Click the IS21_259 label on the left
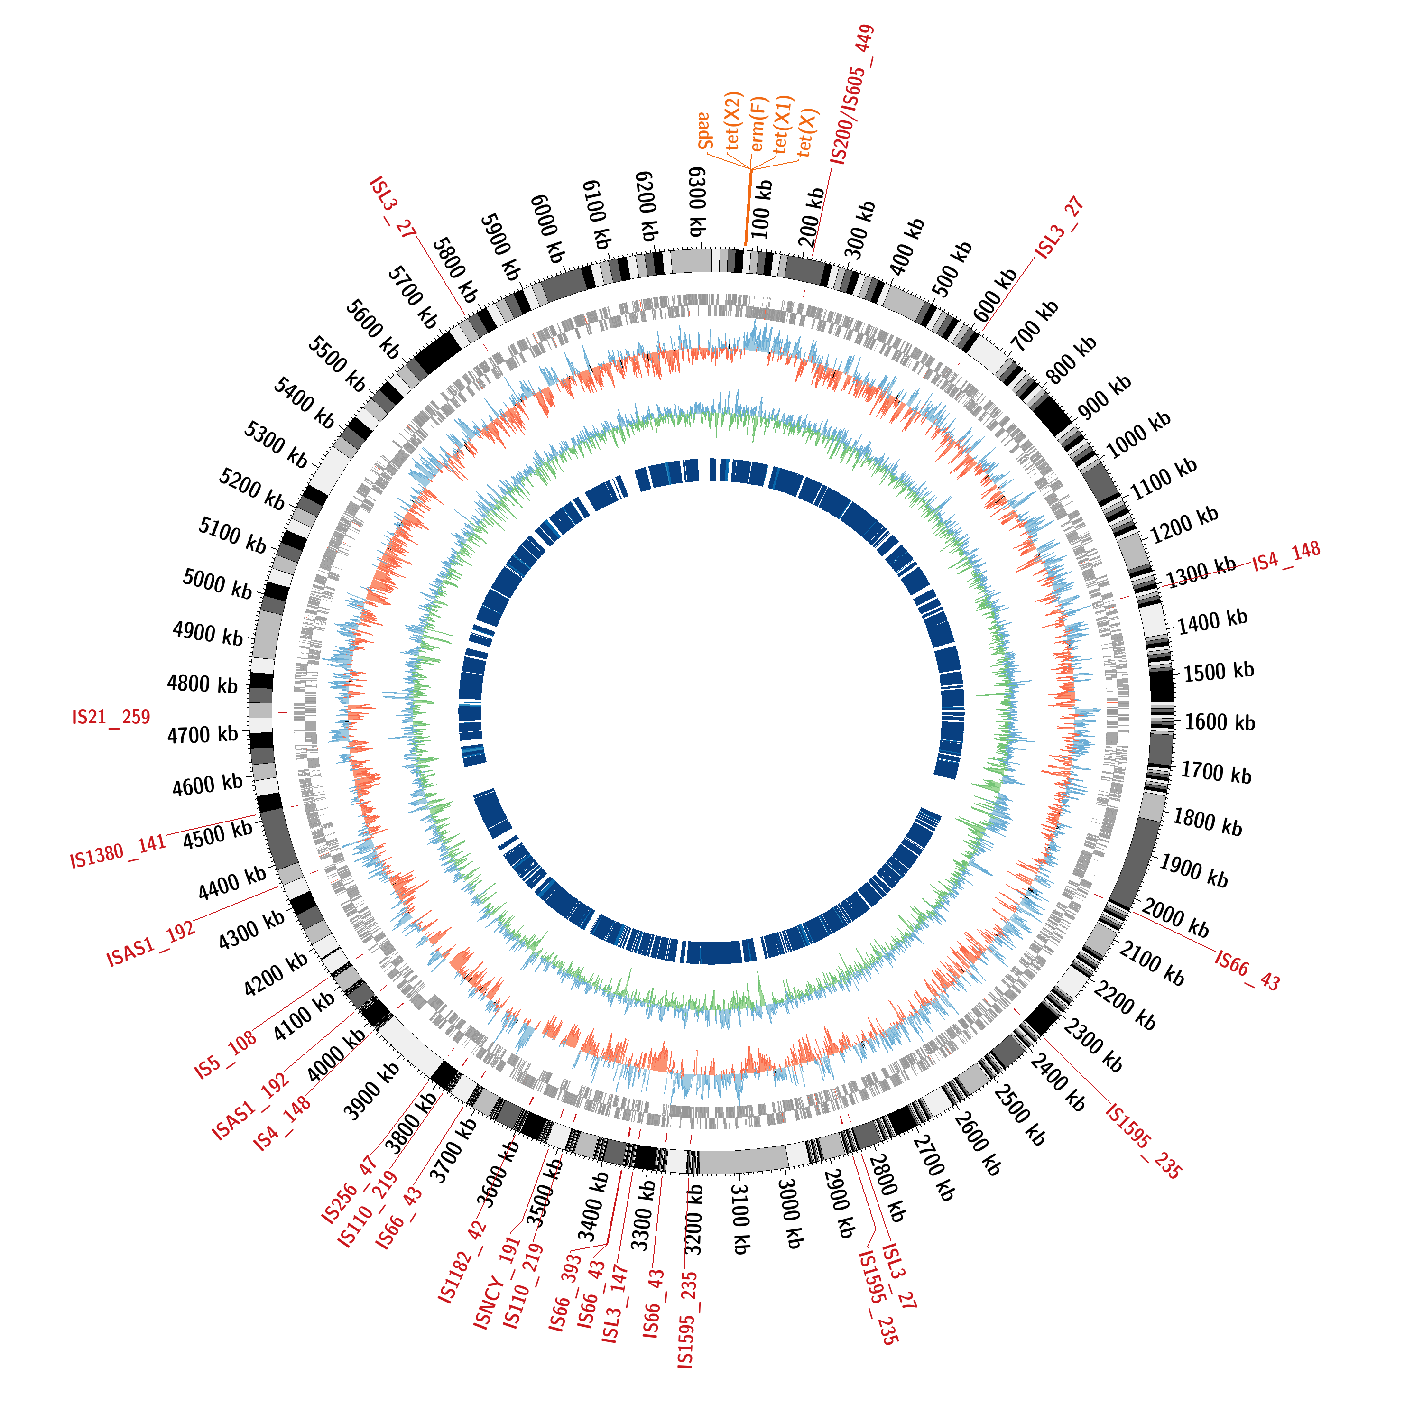111,717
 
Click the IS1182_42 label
462,1261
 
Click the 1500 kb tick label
1218,671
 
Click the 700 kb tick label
1034,326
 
